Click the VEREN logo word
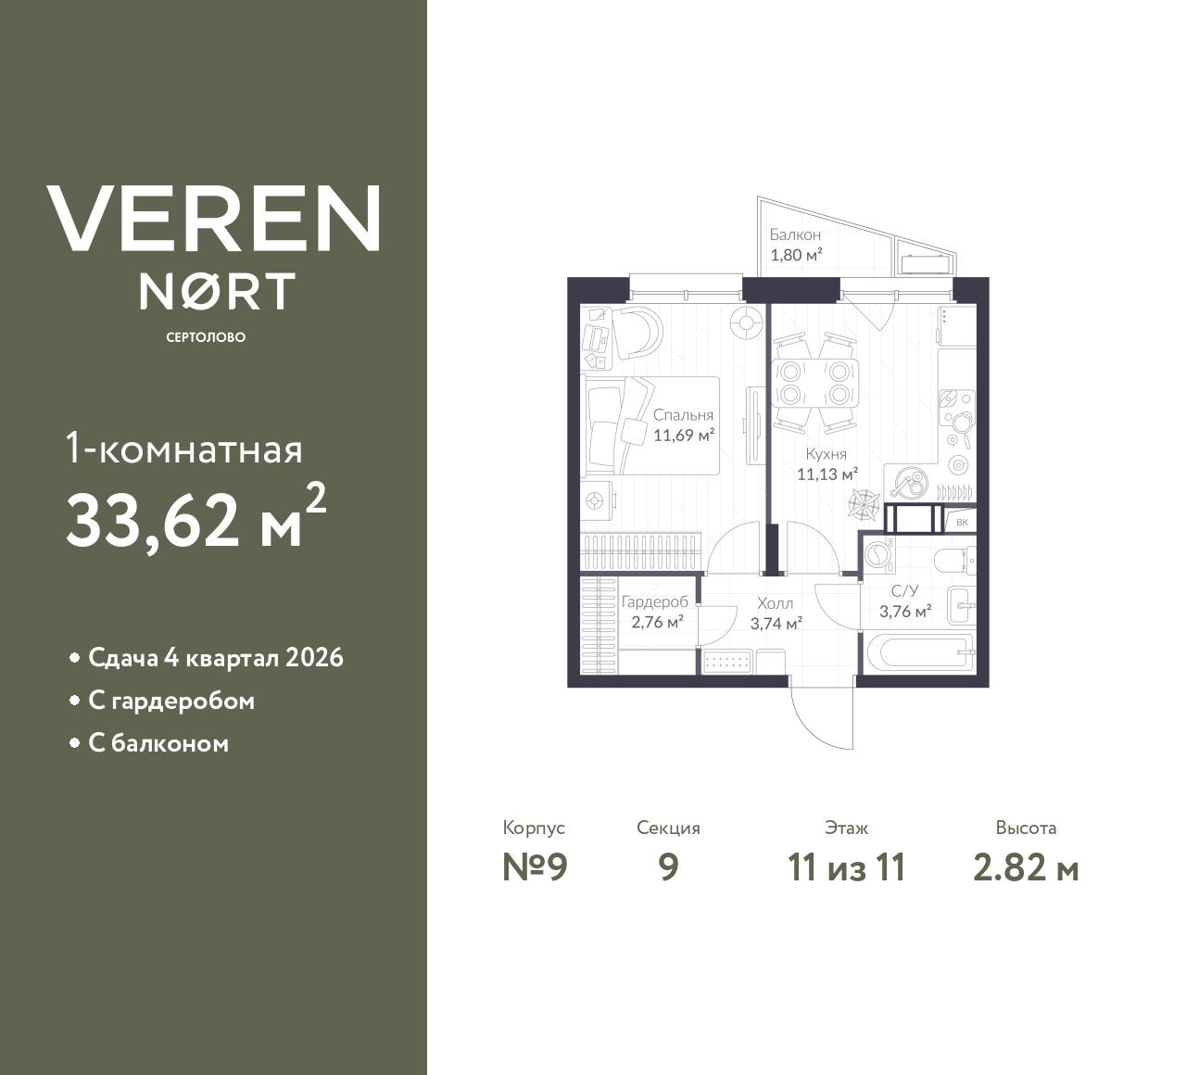[x=213, y=218]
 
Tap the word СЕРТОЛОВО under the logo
[x=206, y=337]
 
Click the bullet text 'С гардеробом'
[x=171, y=701]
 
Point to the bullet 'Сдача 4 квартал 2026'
[x=215, y=658]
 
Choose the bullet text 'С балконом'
[x=158, y=743]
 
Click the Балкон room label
[x=795, y=235]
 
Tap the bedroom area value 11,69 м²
[x=684, y=434]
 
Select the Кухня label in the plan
[x=826, y=454]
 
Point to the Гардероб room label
[x=655, y=601]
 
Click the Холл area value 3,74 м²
[x=776, y=624]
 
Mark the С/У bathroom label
[x=904, y=591]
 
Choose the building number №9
[x=534, y=867]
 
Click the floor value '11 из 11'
[x=846, y=867]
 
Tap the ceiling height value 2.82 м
[x=1026, y=867]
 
